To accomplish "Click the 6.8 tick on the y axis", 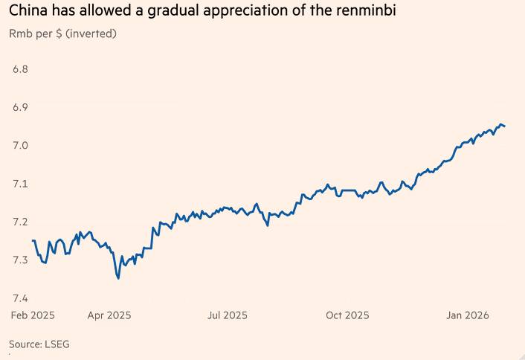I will (20, 69).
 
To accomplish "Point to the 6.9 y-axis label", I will (20, 107).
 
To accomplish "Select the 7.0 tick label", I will (20, 145).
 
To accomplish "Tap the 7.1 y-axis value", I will (20, 184).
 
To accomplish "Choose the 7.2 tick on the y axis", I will (20, 222).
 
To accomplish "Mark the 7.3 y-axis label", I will (20, 260).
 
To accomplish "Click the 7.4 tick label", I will (20, 298).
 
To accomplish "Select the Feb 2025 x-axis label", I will (33, 315).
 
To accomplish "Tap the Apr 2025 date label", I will (109, 315).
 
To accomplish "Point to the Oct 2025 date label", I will (347, 315).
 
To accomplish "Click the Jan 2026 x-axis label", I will (468, 315).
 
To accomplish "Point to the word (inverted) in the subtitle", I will (90, 34).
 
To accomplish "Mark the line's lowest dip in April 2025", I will (118, 278).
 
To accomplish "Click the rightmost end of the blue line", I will (505, 126).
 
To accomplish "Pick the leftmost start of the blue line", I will (32, 240).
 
